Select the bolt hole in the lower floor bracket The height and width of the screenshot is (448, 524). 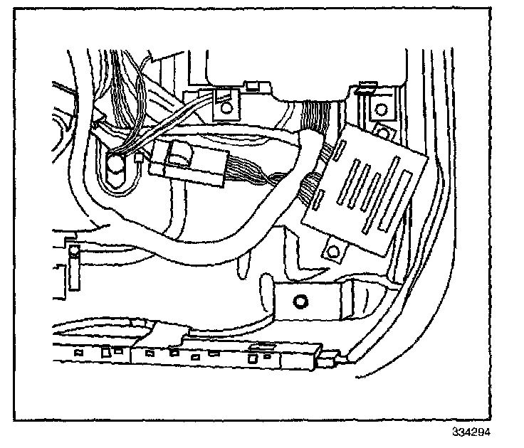click(300, 302)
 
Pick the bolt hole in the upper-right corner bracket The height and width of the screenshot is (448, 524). click(379, 109)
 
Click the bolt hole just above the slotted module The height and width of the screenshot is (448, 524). click(383, 132)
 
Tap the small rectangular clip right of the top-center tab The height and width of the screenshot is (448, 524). click(252, 87)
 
